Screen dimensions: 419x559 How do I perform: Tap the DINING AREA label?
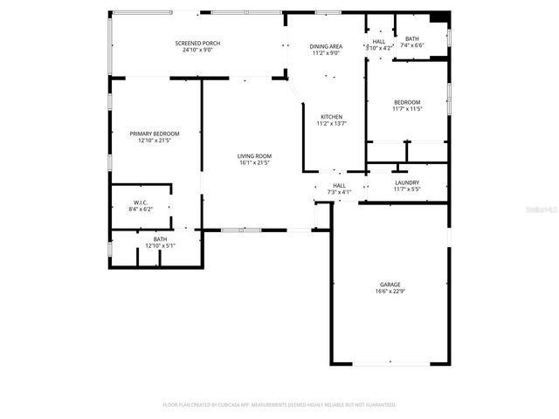click(x=325, y=45)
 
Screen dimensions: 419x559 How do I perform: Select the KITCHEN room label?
click(x=331, y=117)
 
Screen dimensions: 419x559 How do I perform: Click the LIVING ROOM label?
click(x=254, y=156)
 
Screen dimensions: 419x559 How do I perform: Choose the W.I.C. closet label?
click(x=141, y=203)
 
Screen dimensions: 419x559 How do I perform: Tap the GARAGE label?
click(x=390, y=285)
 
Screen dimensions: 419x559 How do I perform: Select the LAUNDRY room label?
click(x=407, y=182)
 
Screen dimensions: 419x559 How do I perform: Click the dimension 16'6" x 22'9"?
click(x=390, y=292)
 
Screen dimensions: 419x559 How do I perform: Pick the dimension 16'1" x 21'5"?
click(x=254, y=163)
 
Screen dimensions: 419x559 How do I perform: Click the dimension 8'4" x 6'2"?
click(x=141, y=209)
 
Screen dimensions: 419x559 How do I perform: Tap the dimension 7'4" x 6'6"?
click(x=412, y=45)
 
